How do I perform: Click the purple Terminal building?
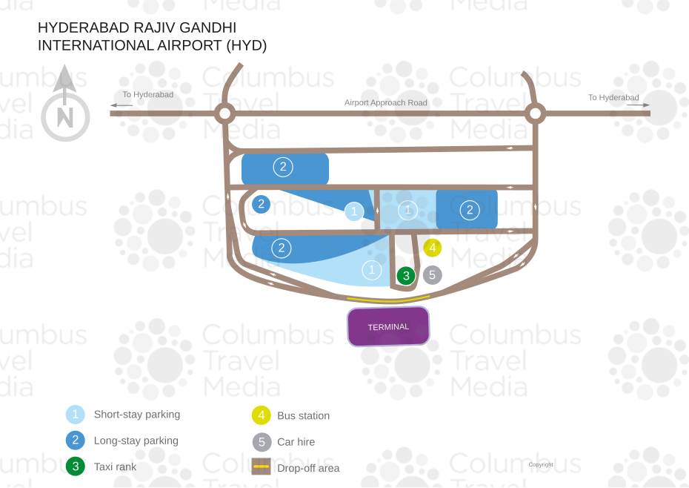tap(388, 326)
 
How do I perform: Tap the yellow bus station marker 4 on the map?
tap(433, 248)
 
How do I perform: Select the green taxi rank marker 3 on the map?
tap(405, 276)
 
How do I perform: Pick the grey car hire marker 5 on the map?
tap(433, 275)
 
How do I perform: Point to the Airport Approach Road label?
tap(385, 102)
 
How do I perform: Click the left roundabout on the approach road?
tap(224, 113)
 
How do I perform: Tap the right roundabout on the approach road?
tap(535, 113)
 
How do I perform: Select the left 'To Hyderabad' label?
tap(148, 95)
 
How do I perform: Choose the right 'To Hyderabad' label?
tap(613, 97)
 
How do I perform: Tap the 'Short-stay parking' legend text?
tap(137, 415)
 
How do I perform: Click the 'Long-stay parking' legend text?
tap(136, 441)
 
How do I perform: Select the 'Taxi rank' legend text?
tap(115, 466)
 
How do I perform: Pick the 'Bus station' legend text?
tap(303, 416)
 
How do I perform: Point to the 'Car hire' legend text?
tap(296, 442)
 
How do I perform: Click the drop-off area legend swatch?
tap(262, 467)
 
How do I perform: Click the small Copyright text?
tap(541, 465)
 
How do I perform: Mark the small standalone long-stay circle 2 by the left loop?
tap(261, 204)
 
